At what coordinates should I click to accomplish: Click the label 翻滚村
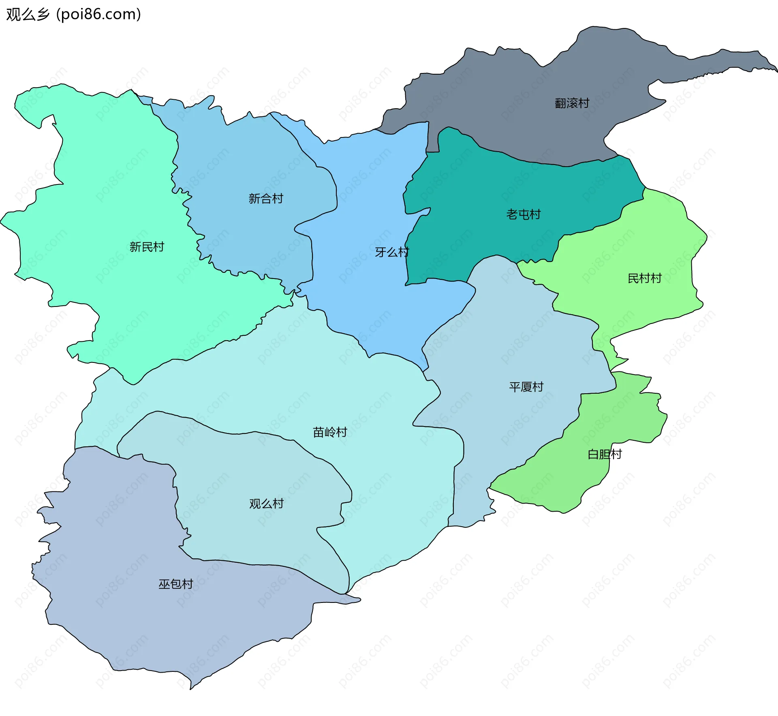572,103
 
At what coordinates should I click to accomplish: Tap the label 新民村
147,247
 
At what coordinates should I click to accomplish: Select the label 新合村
265,199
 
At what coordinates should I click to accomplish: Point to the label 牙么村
391,252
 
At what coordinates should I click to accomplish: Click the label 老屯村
523,214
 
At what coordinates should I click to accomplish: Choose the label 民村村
644,278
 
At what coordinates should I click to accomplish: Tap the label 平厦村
526,387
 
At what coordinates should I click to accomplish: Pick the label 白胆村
605,454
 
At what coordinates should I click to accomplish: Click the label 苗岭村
330,432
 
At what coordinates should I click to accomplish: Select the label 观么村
266,504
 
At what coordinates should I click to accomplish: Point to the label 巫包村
175,584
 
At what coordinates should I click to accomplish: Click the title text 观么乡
28,14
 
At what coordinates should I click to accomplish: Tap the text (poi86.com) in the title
98,14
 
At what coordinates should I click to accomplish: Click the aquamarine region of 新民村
101,182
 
